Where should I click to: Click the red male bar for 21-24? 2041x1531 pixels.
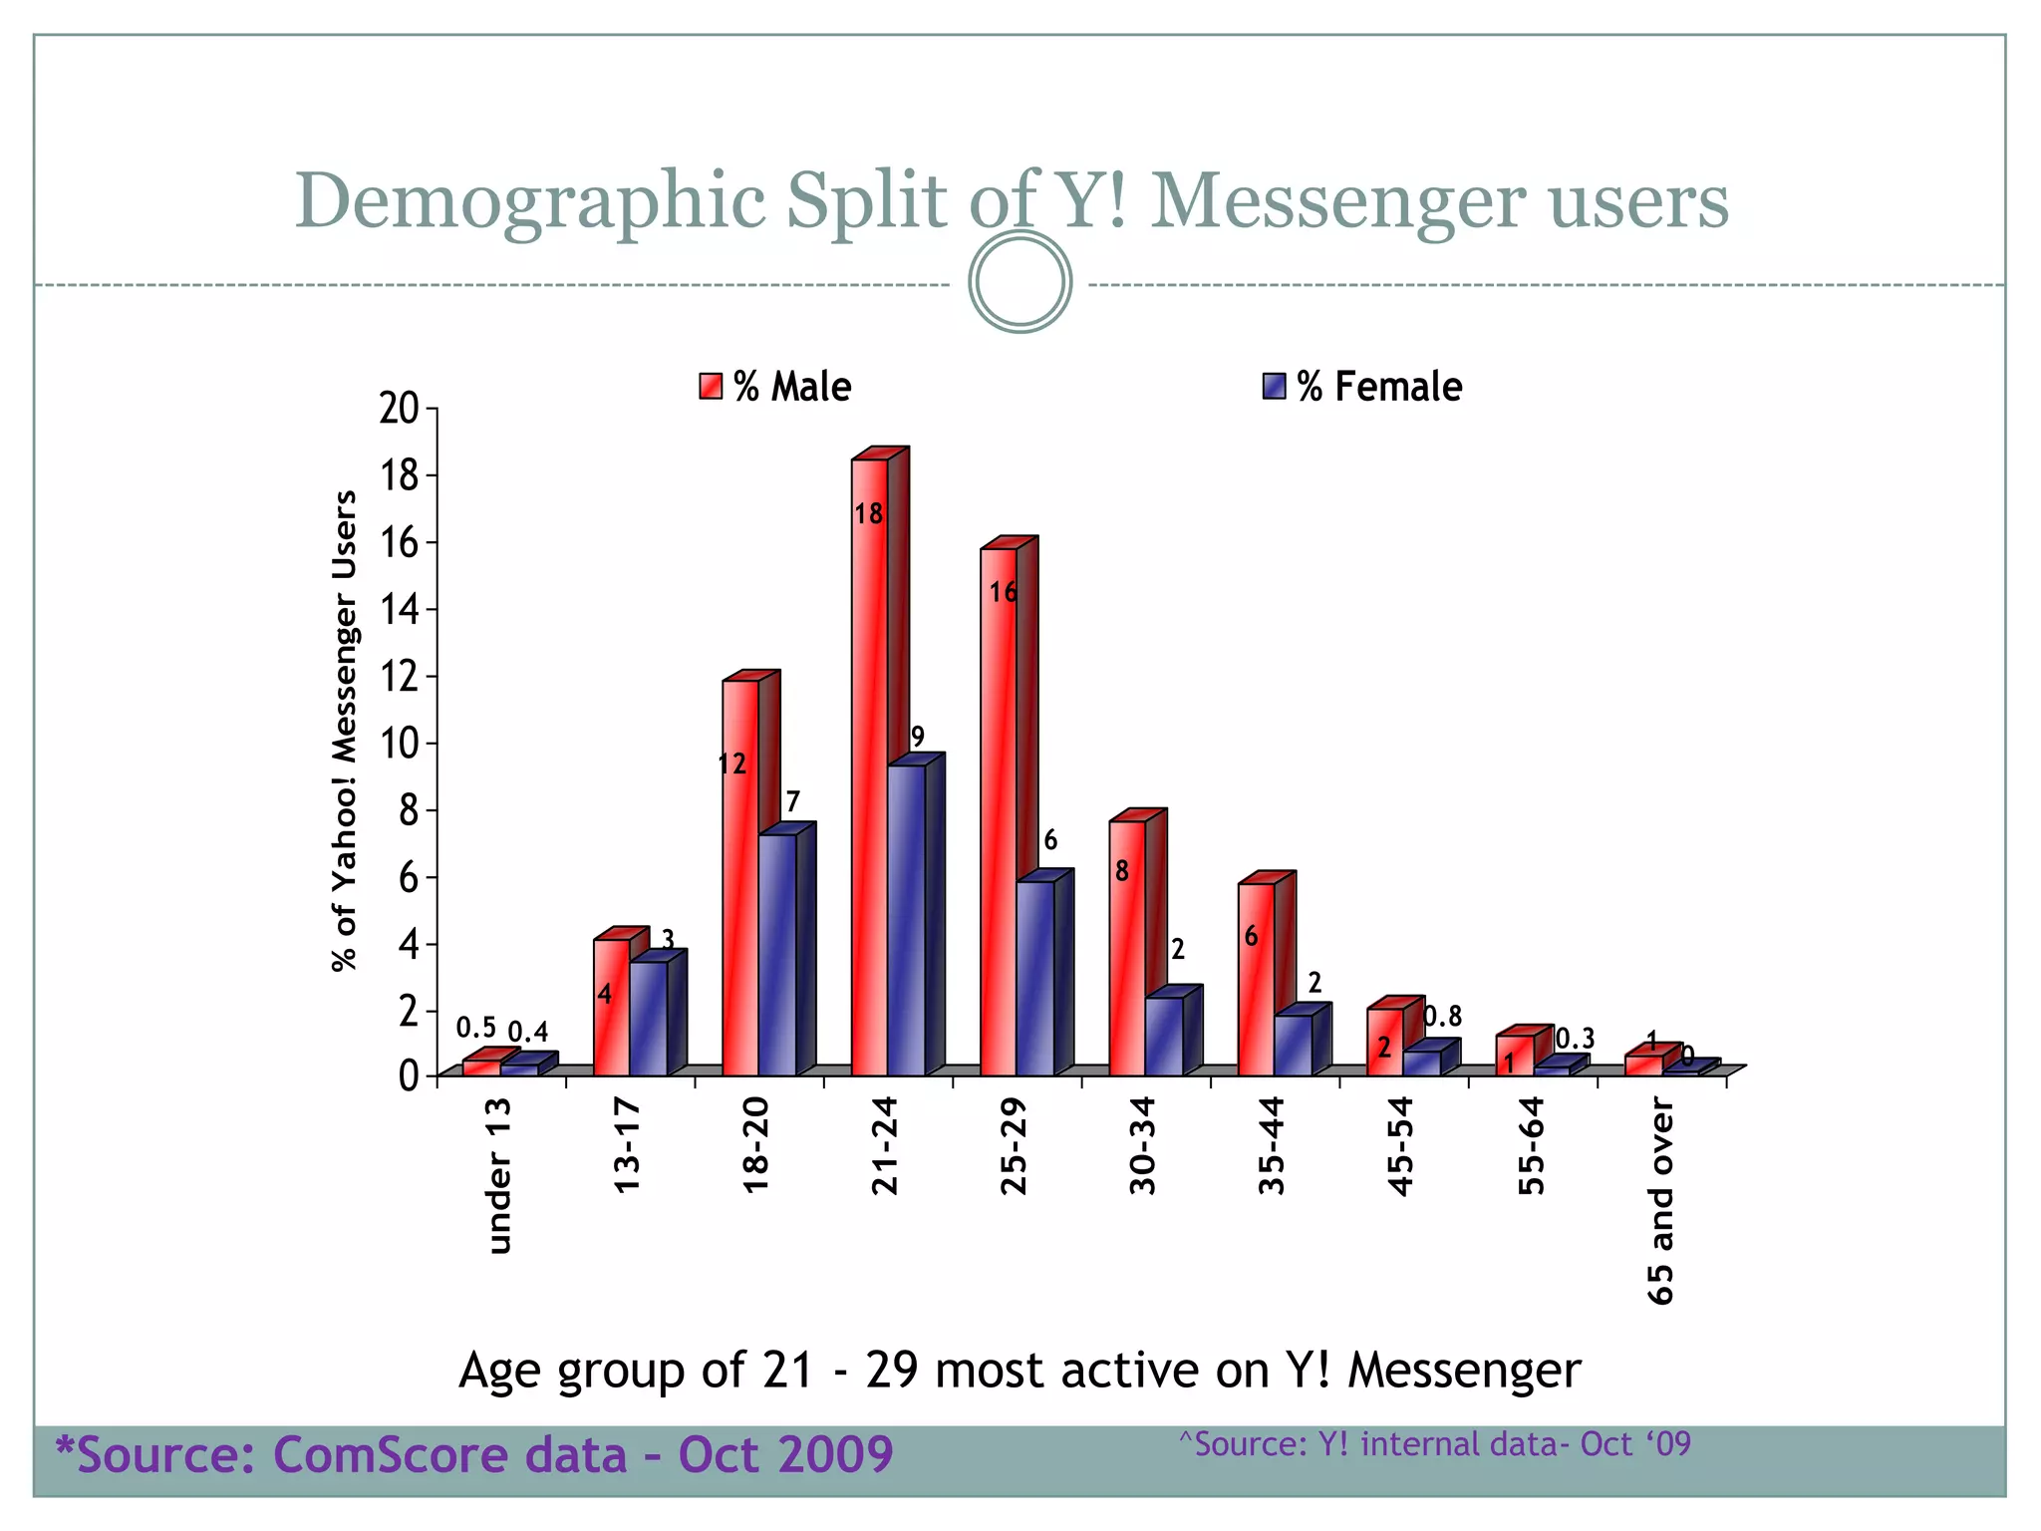(870, 767)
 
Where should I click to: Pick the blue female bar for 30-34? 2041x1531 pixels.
(1164, 1037)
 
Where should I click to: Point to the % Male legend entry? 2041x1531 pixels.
(776, 387)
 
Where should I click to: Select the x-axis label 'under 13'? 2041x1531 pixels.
(498, 1174)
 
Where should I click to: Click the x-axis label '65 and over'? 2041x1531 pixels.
(1660, 1201)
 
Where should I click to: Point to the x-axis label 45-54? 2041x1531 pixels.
(1401, 1146)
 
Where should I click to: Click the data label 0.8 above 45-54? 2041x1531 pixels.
(1442, 1017)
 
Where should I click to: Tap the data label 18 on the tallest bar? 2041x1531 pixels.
(868, 514)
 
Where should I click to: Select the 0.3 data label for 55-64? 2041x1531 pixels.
(1575, 1040)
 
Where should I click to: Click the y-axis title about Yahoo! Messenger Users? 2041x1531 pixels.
(344, 731)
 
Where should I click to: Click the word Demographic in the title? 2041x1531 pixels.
(529, 202)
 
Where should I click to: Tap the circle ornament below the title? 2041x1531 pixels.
(1020, 282)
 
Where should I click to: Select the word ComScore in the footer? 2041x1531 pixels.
(449, 1454)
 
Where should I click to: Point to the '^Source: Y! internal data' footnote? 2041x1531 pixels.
(1435, 1444)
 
